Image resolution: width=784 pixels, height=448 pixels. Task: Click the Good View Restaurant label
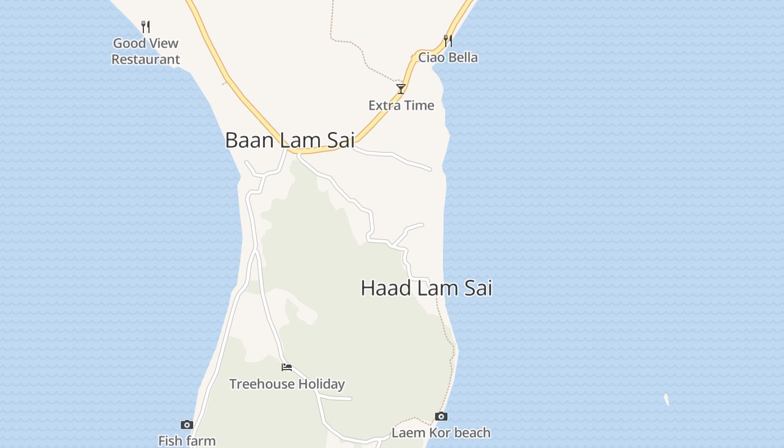tap(146, 51)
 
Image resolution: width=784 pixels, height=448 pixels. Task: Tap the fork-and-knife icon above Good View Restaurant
tap(146, 26)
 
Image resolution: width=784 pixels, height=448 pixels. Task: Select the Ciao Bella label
tap(448, 57)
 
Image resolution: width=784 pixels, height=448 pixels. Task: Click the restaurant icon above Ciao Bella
tap(447, 40)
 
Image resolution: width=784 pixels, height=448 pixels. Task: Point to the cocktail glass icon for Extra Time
tap(401, 88)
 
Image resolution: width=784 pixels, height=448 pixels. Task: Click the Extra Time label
tap(401, 105)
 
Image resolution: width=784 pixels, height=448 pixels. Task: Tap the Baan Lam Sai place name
tap(290, 140)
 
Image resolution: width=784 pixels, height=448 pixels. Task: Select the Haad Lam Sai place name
tap(426, 288)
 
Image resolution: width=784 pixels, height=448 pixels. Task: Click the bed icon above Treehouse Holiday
tap(287, 367)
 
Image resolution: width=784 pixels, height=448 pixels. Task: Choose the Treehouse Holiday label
tap(287, 384)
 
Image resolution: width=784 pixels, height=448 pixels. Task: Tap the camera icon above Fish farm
tap(187, 424)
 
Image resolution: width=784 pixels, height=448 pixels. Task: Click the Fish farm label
tap(187, 441)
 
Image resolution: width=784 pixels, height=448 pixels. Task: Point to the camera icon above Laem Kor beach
tap(441, 416)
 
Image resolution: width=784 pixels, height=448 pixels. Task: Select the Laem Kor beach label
tap(441, 433)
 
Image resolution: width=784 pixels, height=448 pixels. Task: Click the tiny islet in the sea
tap(666, 400)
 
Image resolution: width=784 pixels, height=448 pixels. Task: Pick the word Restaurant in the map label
tap(146, 59)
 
